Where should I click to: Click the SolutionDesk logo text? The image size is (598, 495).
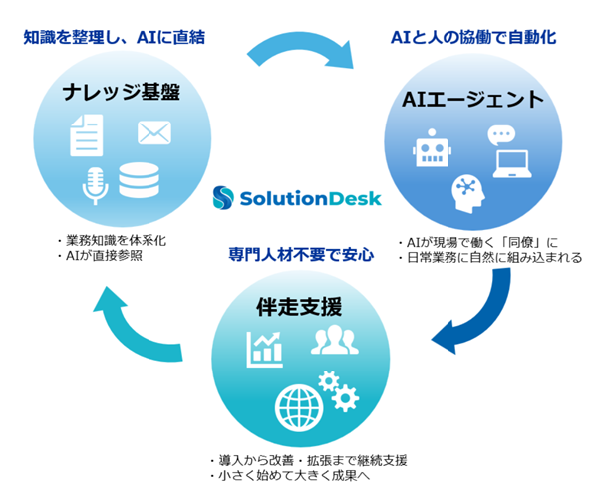pos(310,199)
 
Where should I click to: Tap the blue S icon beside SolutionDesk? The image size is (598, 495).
pos(225,198)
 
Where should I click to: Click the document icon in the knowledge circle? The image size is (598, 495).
pos(86,134)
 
